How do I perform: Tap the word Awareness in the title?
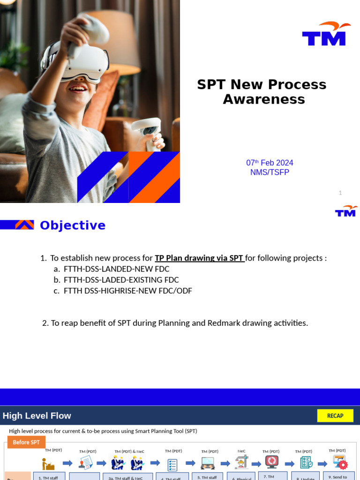264,99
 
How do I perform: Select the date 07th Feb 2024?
270,163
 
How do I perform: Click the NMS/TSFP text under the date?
270,172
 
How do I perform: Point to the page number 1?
340,193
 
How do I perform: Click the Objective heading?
73,225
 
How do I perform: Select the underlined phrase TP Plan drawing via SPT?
200,258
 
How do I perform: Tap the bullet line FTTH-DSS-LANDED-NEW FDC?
116,269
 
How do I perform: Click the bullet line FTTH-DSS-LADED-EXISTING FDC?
121,280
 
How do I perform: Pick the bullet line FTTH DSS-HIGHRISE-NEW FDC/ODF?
127,291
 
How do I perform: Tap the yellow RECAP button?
335,416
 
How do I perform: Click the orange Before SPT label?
26,442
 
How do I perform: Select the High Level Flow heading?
37,416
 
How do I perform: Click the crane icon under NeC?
241,462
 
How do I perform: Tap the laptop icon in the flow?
208,463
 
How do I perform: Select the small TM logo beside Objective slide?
346,211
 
